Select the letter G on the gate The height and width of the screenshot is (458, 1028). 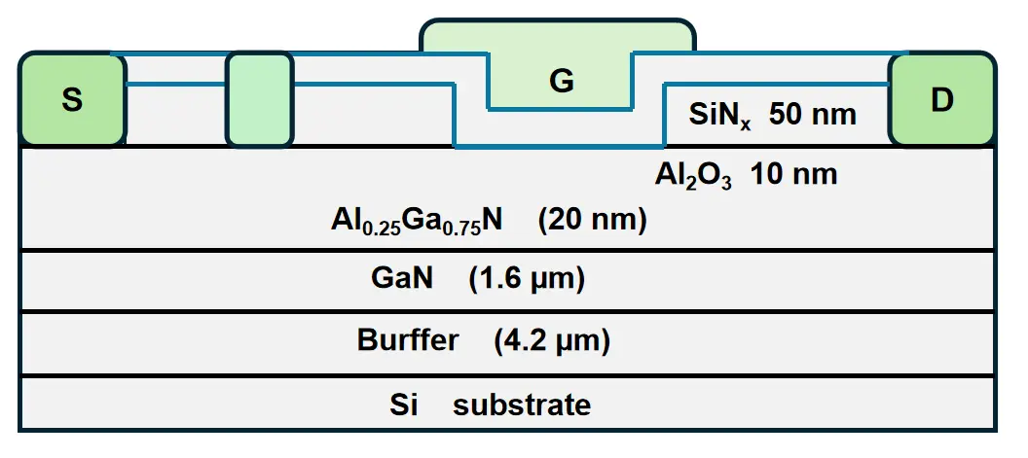coord(561,82)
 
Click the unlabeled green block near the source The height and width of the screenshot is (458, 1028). coord(259,100)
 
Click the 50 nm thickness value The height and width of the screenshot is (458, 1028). coord(813,115)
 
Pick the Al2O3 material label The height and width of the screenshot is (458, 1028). coord(692,177)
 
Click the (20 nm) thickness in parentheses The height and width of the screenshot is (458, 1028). coord(592,221)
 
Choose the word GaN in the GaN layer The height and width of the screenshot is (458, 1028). coord(401,280)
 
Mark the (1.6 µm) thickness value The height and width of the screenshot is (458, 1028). coord(526,280)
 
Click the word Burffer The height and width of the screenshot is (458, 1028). coord(408,341)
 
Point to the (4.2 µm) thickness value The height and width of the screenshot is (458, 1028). coord(551,341)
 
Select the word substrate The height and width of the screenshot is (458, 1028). coord(521,404)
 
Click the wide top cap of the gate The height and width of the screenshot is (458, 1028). coord(557,36)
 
